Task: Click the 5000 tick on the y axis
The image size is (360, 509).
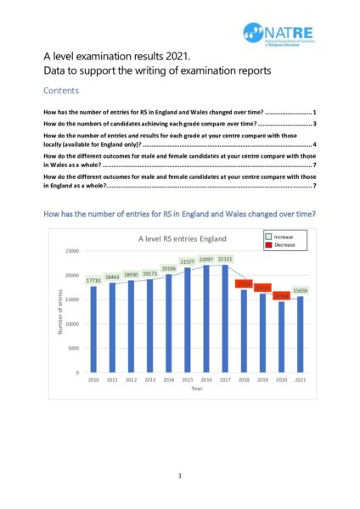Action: (x=73, y=348)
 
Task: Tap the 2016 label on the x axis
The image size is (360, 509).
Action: (x=205, y=379)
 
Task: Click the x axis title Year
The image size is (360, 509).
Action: (x=196, y=389)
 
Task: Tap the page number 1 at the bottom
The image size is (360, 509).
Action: (x=180, y=477)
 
